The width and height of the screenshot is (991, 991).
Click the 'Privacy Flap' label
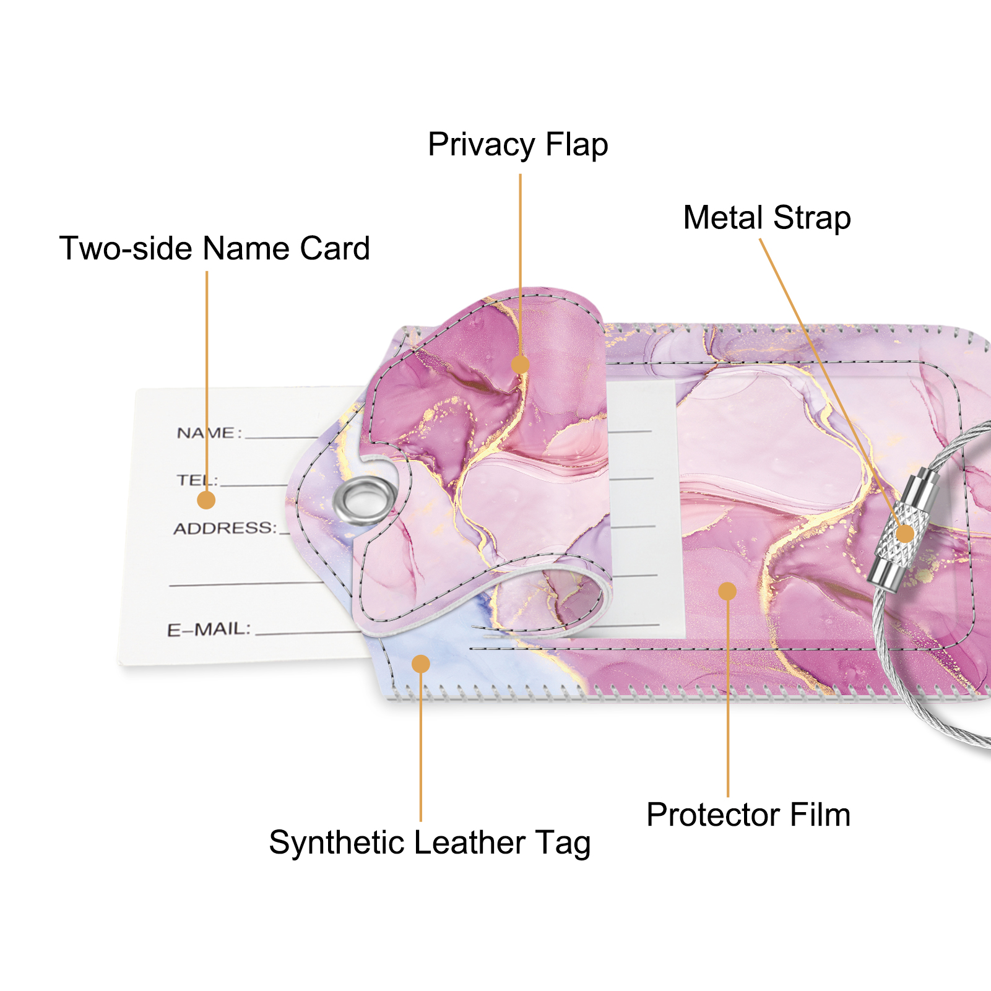tap(518, 145)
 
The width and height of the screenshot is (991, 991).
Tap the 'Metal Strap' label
tap(767, 218)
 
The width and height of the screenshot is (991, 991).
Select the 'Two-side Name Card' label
tap(215, 248)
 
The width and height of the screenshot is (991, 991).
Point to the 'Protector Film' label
tap(748, 815)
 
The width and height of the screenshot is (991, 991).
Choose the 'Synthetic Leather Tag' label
tap(430, 843)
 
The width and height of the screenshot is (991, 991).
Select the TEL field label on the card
tap(196, 480)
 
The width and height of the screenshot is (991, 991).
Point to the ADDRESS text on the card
tap(224, 528)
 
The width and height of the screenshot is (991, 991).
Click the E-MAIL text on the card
tap(209, 630)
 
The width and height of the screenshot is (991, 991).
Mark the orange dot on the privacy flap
tap(520, 364)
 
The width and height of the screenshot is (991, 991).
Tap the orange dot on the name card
tap(206, 500)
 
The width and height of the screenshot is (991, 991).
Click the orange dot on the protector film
tap(727, 591)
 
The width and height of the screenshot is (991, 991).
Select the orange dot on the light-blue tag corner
tap(421, 664)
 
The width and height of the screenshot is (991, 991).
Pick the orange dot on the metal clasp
tap(905, 534)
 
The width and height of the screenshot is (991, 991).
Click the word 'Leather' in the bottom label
tap(469, 842)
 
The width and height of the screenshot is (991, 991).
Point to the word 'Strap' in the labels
tap(812, 219)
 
